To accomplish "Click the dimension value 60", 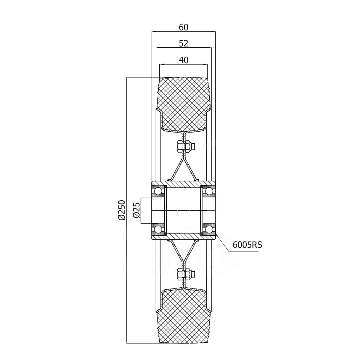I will coord(183,27).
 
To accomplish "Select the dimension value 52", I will coord(183,43).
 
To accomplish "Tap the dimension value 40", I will coord(183,60).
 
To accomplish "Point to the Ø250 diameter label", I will coord(121,210).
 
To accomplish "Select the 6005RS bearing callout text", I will coord(247,245).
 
